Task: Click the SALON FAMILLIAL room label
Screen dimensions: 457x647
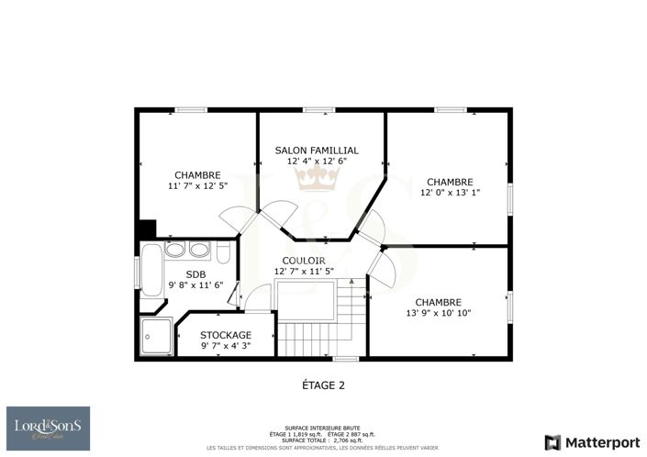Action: click(x=317, y=150)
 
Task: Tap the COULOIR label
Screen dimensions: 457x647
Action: click(x=303, y=261)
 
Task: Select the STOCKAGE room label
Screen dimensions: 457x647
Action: click(x=225, y=335)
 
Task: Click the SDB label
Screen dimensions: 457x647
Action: click(x=195, y=274)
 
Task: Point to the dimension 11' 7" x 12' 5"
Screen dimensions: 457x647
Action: click(x=197, y=186)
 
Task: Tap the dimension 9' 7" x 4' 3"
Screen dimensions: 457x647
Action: click(x=225, y=346)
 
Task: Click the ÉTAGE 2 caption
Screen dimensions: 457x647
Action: click(x=323, y=385)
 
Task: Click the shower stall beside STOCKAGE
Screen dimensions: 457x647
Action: click(x=157, y=337)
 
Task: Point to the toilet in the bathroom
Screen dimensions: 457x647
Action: click(x=224, y=252)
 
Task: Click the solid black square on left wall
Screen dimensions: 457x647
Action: click(x=146, y=229)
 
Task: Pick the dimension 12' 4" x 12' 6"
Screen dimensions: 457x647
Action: click(x=317, y=161)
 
